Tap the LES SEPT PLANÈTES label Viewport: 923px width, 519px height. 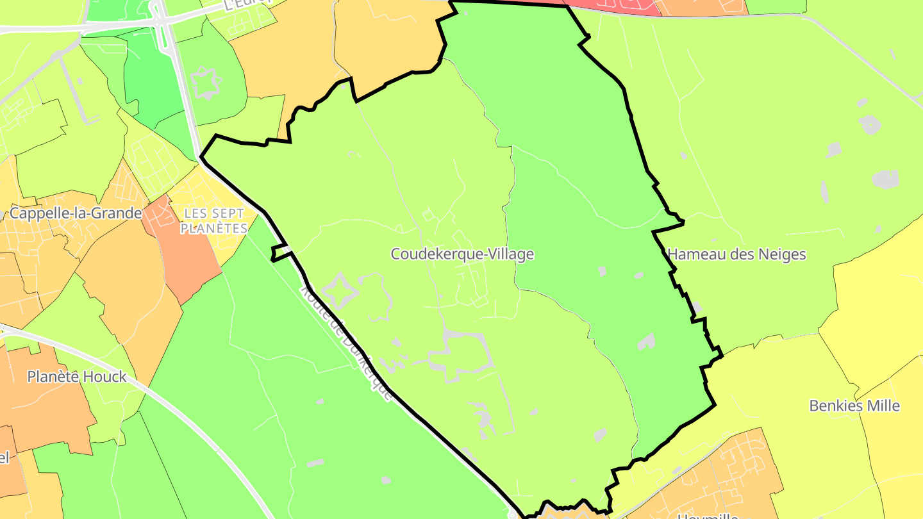(x=214, y=220)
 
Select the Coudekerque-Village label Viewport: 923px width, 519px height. (x=462, y=254)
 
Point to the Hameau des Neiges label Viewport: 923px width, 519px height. (x=736, y=254)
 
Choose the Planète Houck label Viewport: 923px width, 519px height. (x=77, y=377)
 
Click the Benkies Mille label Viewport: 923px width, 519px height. (x=854, y=406)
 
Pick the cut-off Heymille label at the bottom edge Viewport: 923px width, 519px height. (x=708, y=515)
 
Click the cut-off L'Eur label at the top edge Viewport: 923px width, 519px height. (x=247, y=4)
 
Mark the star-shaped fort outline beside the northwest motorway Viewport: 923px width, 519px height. (x=206, y=83)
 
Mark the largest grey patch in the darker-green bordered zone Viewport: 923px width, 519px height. (x=646, y=342)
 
